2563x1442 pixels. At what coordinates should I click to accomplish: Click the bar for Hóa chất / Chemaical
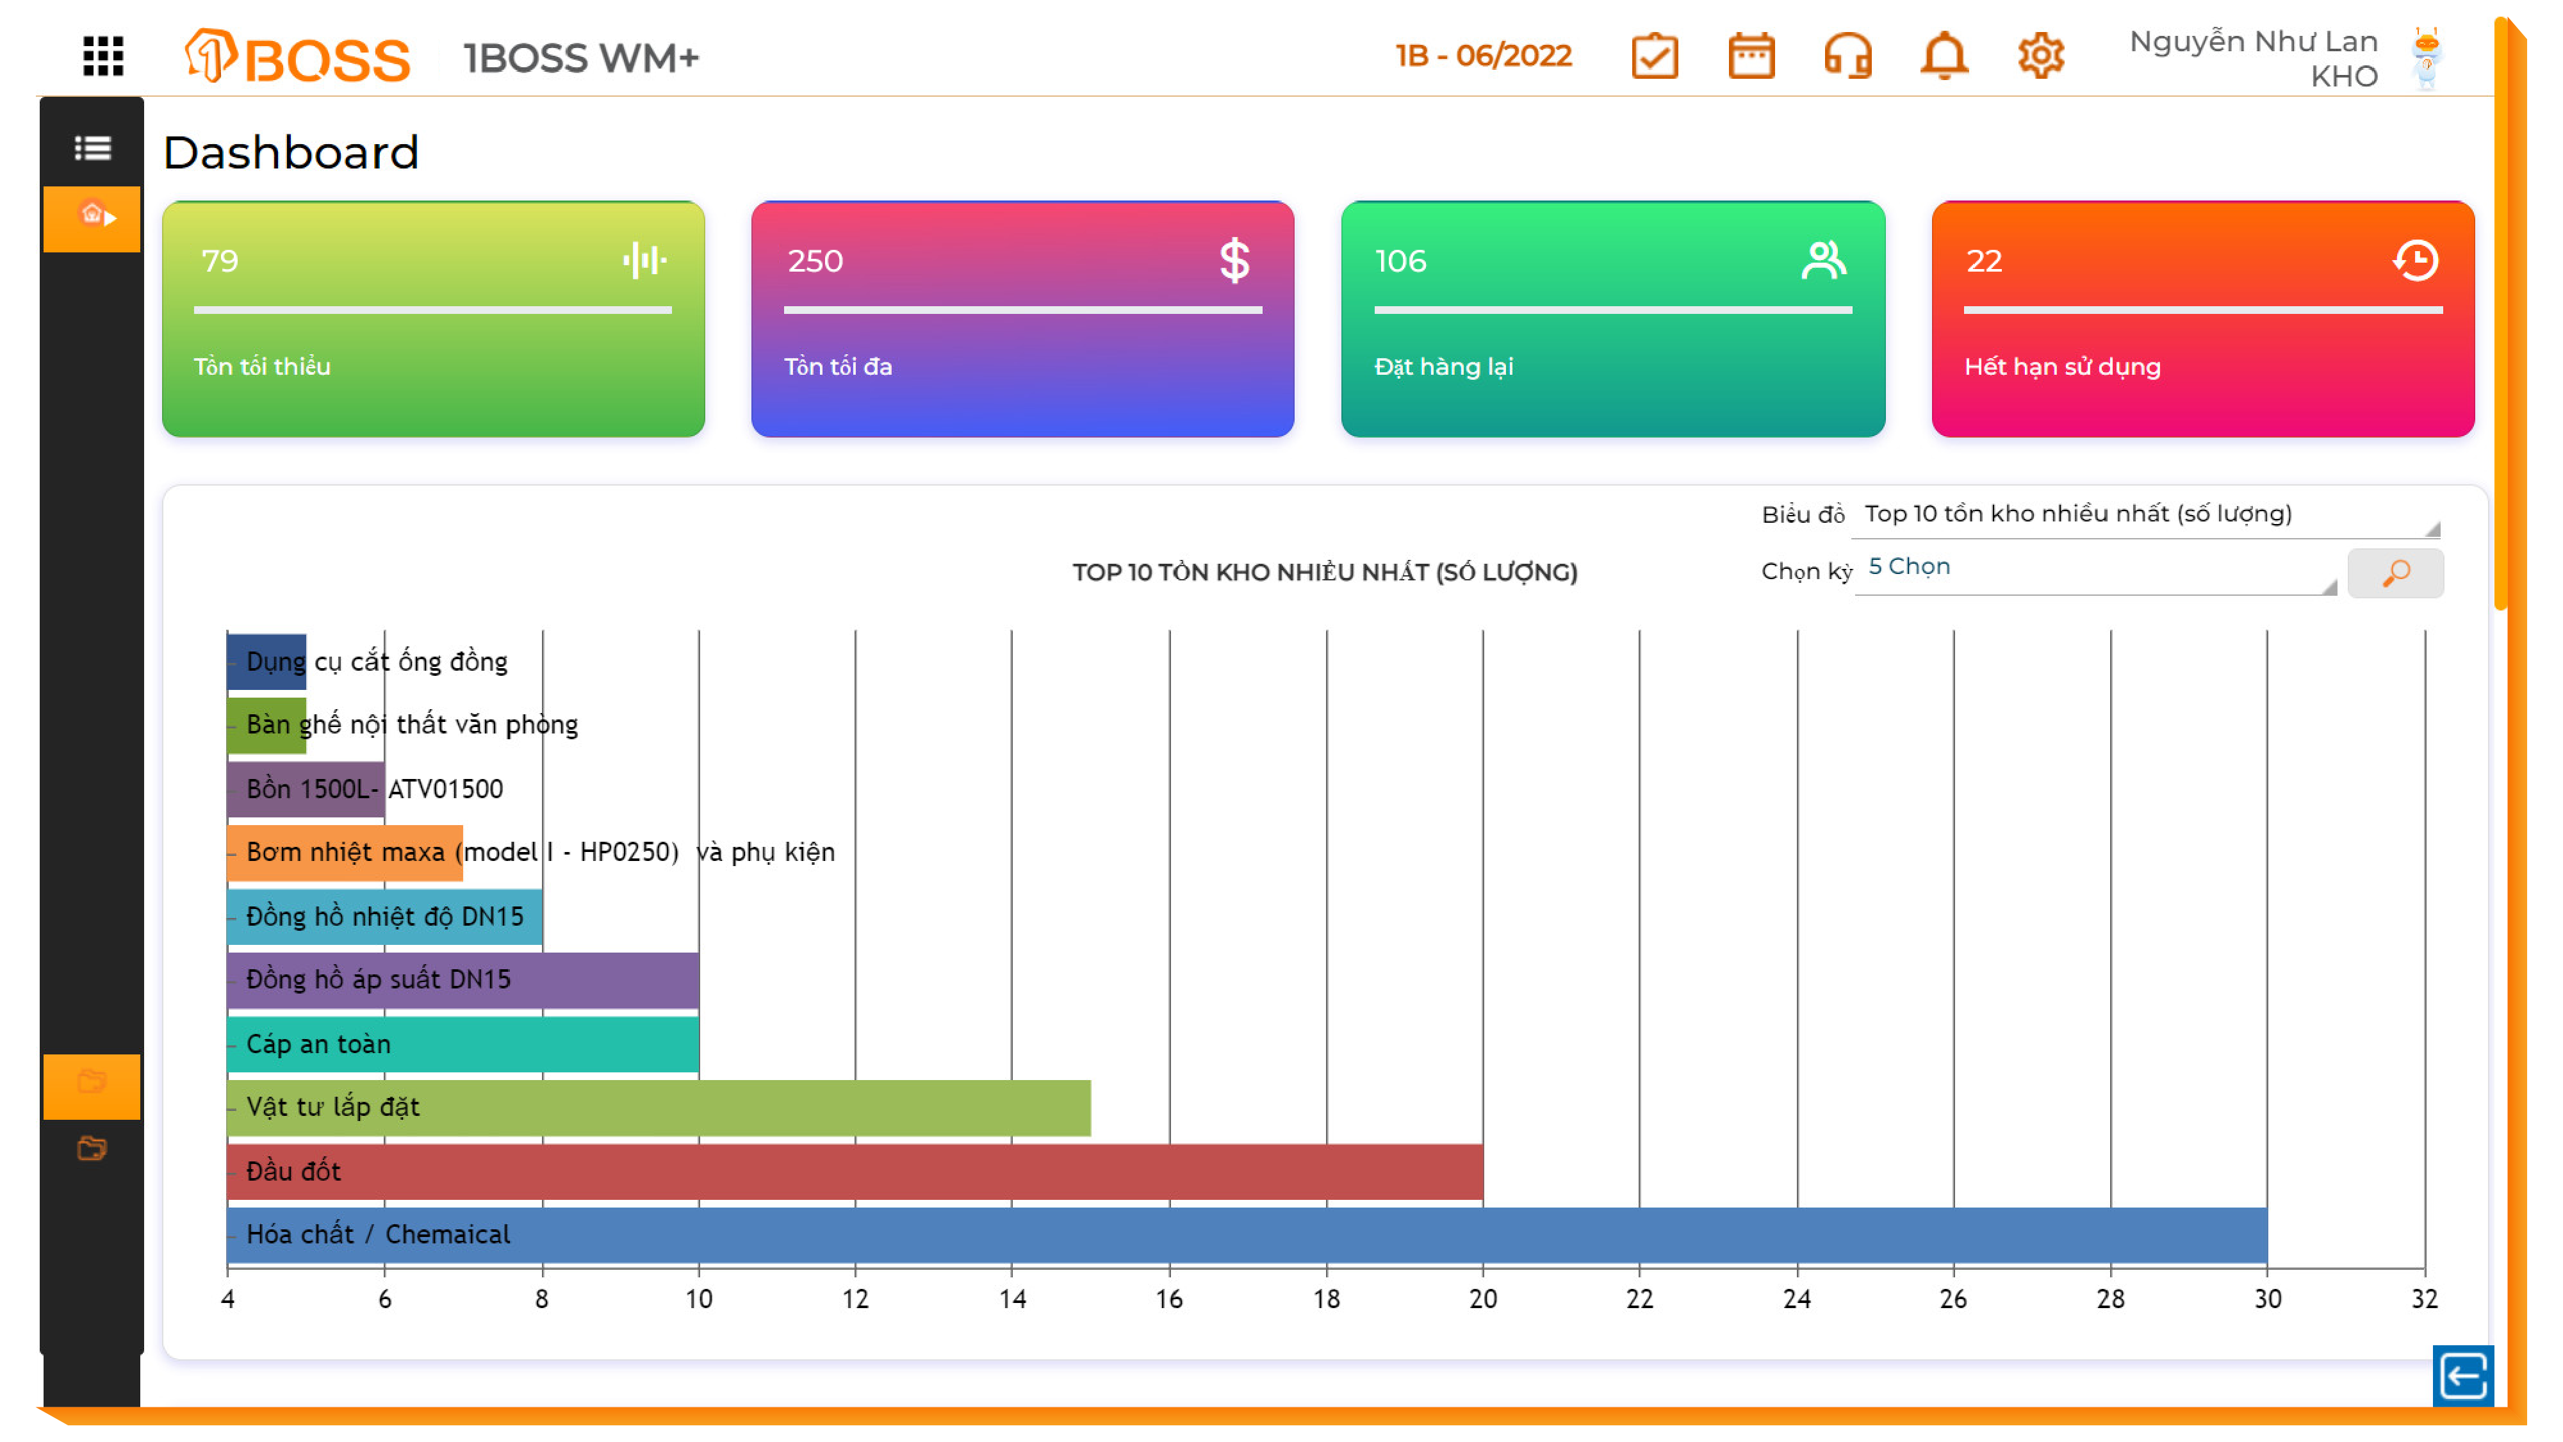click(x=1246, y=1235)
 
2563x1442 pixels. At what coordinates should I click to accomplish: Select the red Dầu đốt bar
click(x=854, y=1171)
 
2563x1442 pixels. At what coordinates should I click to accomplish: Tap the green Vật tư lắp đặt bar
click(x=658, y=1108)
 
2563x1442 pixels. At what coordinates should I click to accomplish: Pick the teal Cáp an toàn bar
click(x=462, y=1044)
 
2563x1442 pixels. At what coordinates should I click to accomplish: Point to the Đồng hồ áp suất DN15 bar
click(x=462, y=980)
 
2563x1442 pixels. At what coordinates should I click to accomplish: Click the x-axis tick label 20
click(x=1482, y=1299)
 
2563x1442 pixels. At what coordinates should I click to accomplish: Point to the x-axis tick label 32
click(x=2424, y=1299)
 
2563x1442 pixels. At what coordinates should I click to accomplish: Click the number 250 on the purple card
click(x=815, y=261)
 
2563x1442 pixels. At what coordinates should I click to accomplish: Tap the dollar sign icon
click(x=1234, y=261)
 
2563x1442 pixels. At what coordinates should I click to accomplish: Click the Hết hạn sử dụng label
click(x=2061, y=366)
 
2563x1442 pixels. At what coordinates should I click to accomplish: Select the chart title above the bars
click(x=1324, y=572)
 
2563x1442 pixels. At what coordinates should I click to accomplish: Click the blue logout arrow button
click(x=2462, y=1376)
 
